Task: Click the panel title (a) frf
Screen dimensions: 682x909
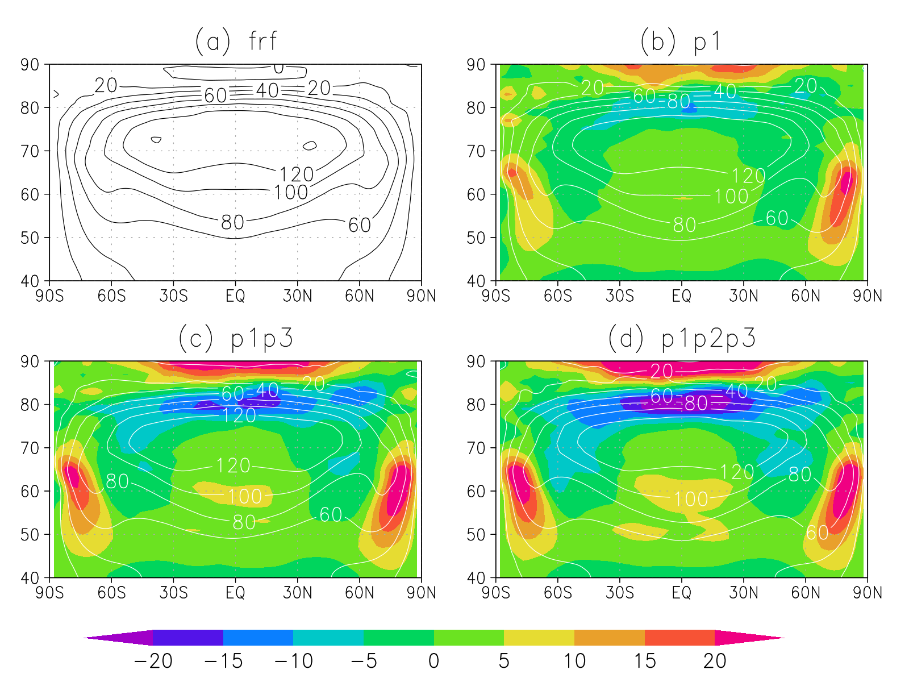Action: pos(236,41)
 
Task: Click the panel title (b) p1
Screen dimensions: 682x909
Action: pos(681,41)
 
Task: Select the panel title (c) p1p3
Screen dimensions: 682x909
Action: pos(236,338)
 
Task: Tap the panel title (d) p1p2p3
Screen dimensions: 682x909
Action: pos(682,338)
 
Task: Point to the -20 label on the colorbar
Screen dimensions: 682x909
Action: pos(153,661)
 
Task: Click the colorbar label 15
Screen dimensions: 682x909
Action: pos(644,661)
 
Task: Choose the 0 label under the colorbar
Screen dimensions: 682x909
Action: pos(433,661)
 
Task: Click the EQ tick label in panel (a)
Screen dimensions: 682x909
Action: pos(235,296)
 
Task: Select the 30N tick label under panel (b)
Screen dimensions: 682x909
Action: pos(743,296)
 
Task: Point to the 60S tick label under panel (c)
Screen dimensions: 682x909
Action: pos(111,593)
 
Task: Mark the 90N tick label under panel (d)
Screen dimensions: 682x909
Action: pos(867,593)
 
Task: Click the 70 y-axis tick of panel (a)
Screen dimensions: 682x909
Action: pos(30,151)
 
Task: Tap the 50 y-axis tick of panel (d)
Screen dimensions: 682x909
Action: pos(476,535)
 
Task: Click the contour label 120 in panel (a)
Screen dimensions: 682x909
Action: pos(297,174)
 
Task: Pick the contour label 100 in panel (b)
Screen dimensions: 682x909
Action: pos(731,197)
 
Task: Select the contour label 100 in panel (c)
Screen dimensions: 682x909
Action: pos(245,497)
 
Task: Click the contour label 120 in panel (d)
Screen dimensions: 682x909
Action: pos(737,472)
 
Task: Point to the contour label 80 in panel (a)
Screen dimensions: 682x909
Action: pos(232,222)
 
